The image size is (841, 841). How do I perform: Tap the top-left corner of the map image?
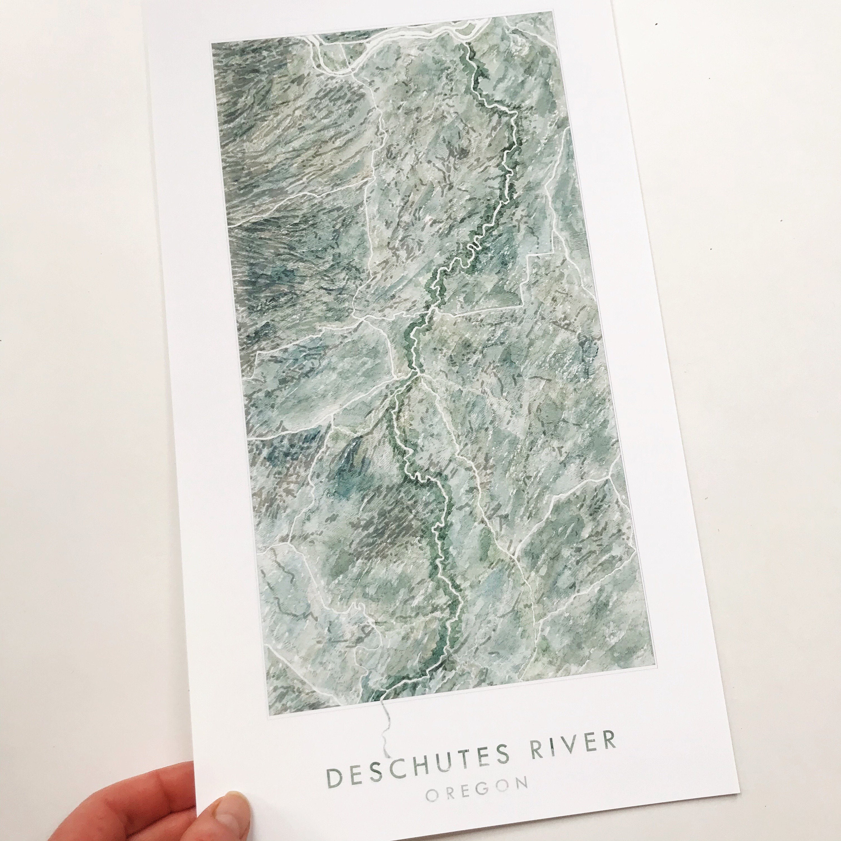212,42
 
